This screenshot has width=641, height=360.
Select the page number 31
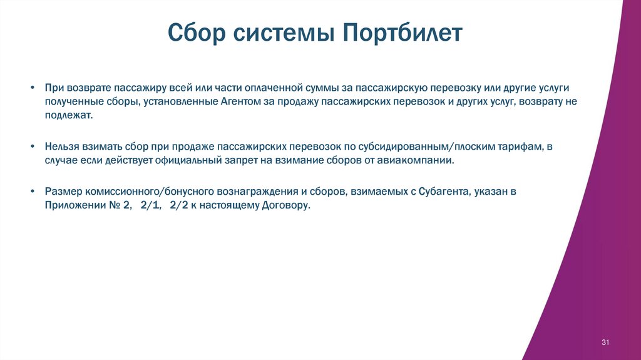(x=605, y=342)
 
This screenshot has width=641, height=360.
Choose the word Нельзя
(x=60, y=146)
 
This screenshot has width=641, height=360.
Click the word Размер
(x=60, y=191)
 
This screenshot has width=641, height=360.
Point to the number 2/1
(x=150, y=206)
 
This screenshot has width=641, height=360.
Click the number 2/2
(x=179, y=206)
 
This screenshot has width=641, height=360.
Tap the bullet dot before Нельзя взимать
(x=31, y=146)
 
